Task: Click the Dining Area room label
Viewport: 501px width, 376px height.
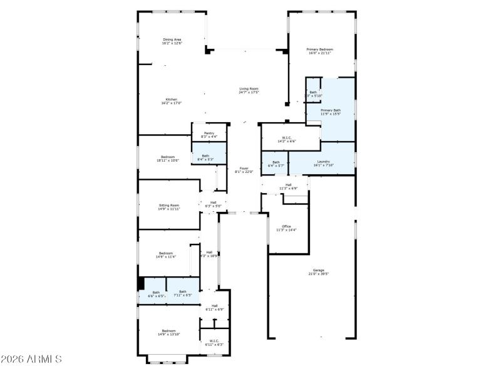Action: (x=172, y=41)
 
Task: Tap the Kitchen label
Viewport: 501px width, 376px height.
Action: (x=171, y=102)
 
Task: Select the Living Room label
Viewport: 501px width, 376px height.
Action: (x=249, y=90)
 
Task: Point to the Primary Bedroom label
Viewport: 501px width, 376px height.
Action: (x=319, y=51)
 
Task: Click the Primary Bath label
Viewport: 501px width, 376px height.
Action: (x=331, y=112)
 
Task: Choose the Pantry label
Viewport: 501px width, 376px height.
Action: (x=209, y=135)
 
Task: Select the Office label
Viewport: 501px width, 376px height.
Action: (x=286, y=228)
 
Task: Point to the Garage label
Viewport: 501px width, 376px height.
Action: (x=319, y=272)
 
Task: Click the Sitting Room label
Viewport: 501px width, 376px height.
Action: (x=169, y=207)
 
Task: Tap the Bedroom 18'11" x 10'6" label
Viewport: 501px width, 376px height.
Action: (x=168, y=159)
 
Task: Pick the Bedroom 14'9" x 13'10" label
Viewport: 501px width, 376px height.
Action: (x=169, y=332)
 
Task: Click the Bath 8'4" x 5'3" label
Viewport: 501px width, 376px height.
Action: (x=205, y=157)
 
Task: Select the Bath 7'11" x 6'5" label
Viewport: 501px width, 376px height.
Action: (x=183, y=293)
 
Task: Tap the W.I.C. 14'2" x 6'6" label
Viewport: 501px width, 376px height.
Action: (x=287, y=139)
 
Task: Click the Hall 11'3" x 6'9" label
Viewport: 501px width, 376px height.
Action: (x=289, y=187)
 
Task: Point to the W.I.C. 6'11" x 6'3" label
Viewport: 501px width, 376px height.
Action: (x=214, y=343)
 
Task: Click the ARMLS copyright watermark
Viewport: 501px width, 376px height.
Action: (x=31, y=360)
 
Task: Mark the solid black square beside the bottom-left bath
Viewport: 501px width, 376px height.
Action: (x=141, y=283)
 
